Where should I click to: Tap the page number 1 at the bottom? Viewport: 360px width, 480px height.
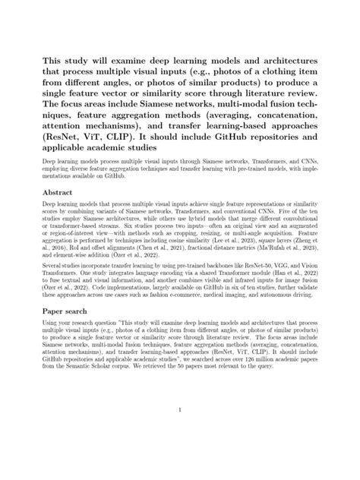180,412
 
